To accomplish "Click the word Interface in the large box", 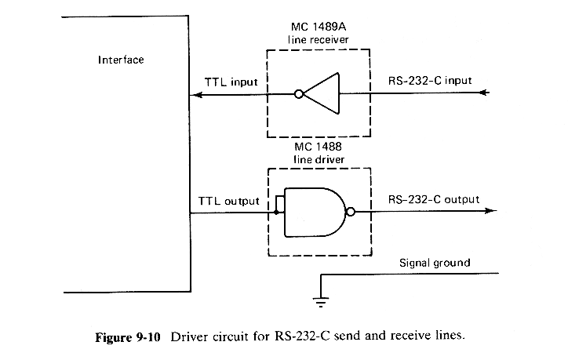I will pyautogui.click(x=122, y=60).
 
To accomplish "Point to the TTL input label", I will pyautogui.click(x=231, y=82).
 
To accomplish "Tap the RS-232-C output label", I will pyautogui.click(x=434, y=199).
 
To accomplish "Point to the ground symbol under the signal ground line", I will pyautogui.click(x=320, y=296).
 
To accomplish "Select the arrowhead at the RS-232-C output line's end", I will pyautogui.click(x=490, y=211).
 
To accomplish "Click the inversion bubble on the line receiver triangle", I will pyautogui.click(x=298, y=94).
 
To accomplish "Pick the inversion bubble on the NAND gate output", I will pyautogui.click(x=351, y=211).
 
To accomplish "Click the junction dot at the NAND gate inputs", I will pyautogui.click(x=275, y=211).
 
